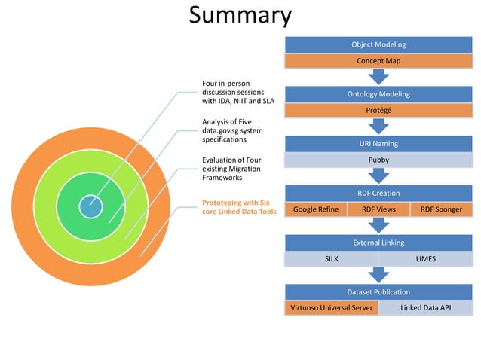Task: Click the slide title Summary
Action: point(240,16)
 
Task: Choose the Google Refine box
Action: point(316,209)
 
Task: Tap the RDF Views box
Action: point(378,209)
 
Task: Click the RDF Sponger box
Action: point(441,209)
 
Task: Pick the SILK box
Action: point(331,259)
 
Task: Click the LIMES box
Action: point(426,259)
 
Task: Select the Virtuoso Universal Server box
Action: point(331,308)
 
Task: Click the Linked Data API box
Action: point(426,308)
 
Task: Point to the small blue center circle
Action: point(90,206)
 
